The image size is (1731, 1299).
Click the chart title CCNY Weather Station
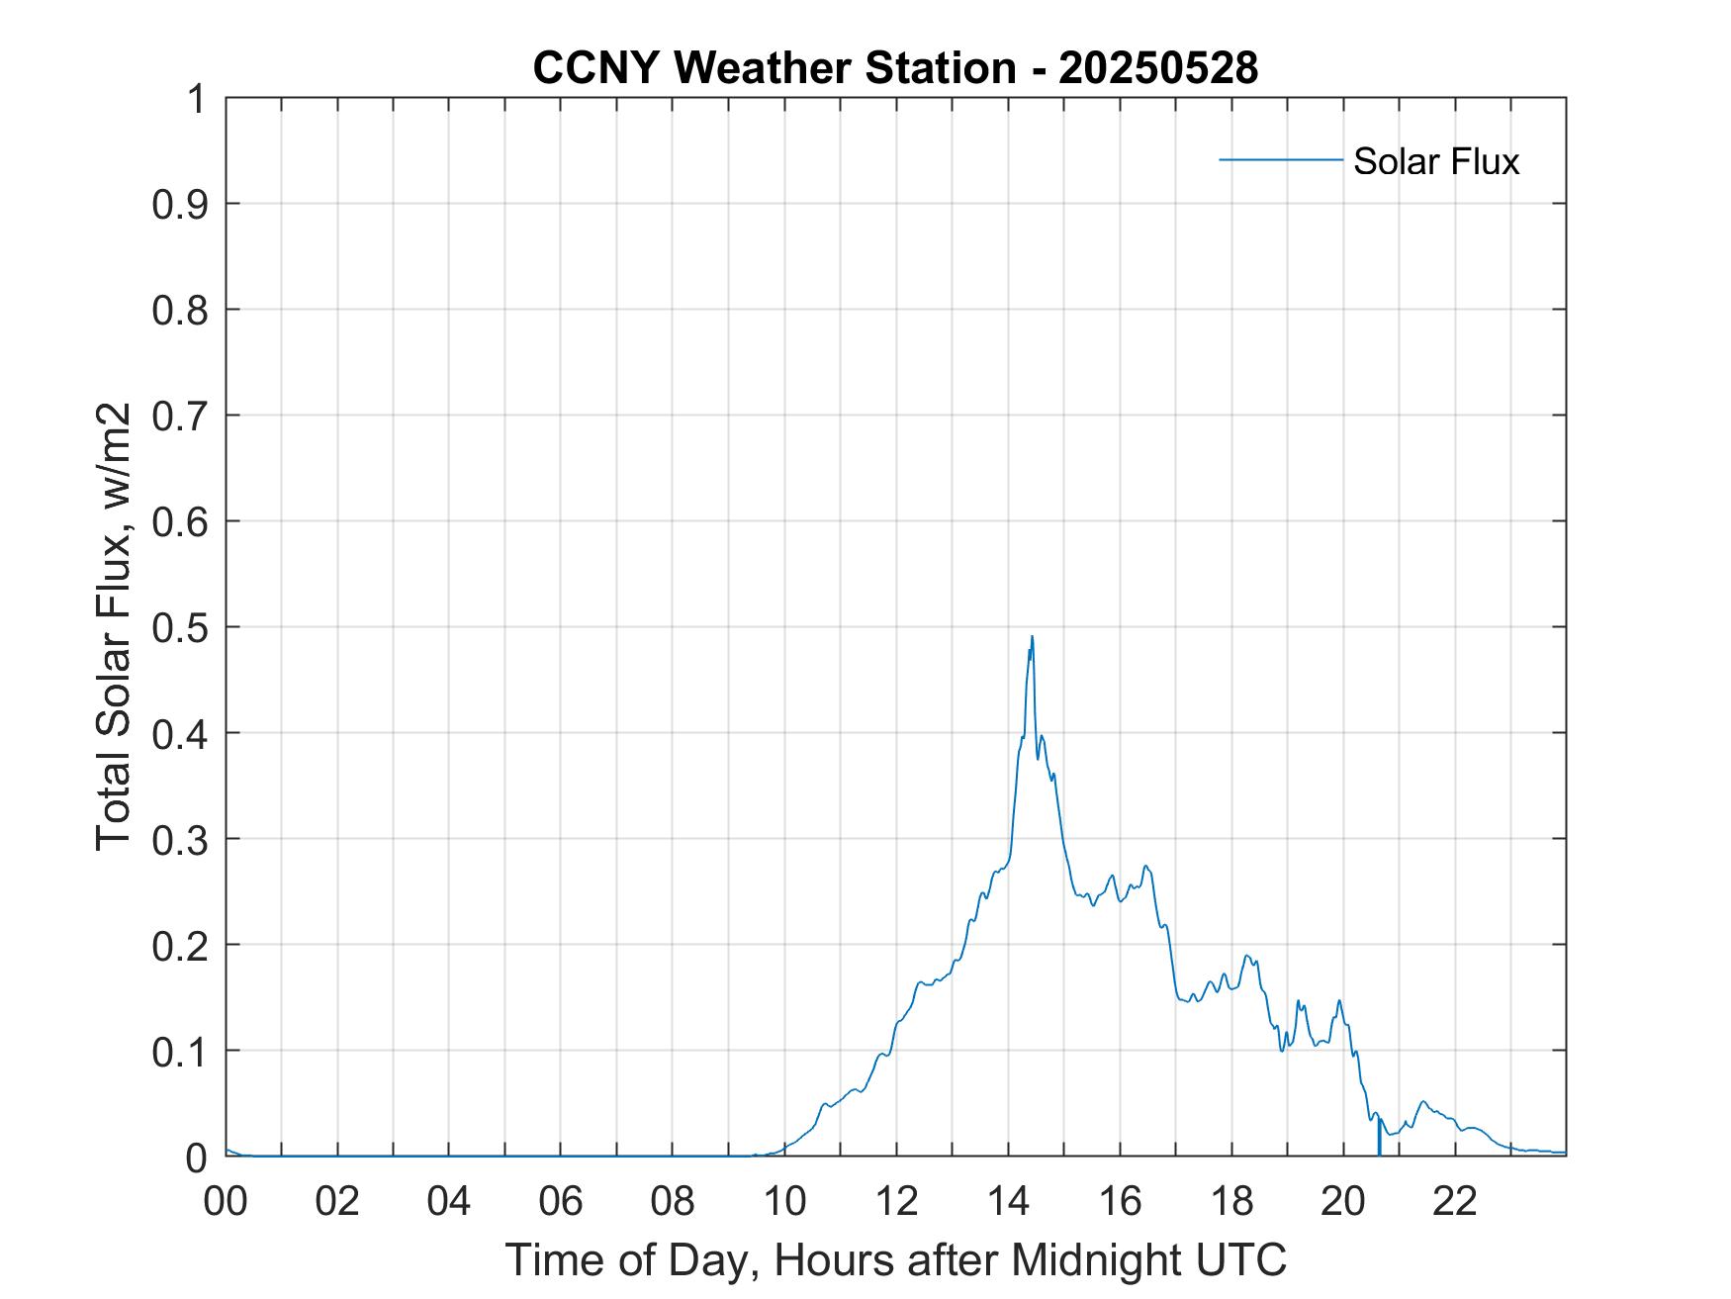tap(773, 68)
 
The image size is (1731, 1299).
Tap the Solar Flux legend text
tap(1435, 160)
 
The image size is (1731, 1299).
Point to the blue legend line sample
tap(1280, 159)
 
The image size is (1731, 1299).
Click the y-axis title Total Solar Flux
tap(115, 627)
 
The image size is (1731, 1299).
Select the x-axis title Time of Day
tap(895, 1259)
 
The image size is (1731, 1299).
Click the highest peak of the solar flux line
tap(1032, 637)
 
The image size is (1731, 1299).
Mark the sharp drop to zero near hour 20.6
tap(1379, 1148)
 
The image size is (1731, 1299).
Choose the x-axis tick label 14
tap(1008, 1201)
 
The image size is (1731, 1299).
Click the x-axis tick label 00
tap(226, 1201)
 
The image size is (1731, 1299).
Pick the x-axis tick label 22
tap(1455, 1201)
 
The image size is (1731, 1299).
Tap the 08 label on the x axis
tap(673, 1201)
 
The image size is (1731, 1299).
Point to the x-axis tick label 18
tap(1231, 1201)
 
